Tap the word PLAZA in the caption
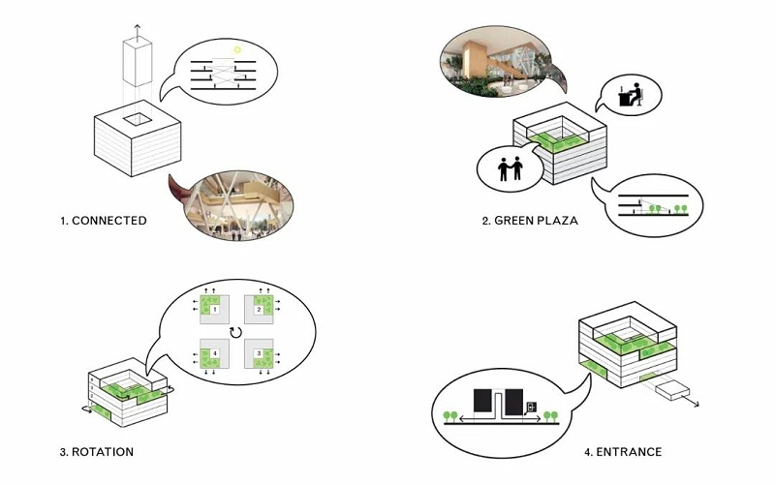556,221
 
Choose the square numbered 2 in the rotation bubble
263,309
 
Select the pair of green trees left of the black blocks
450,416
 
